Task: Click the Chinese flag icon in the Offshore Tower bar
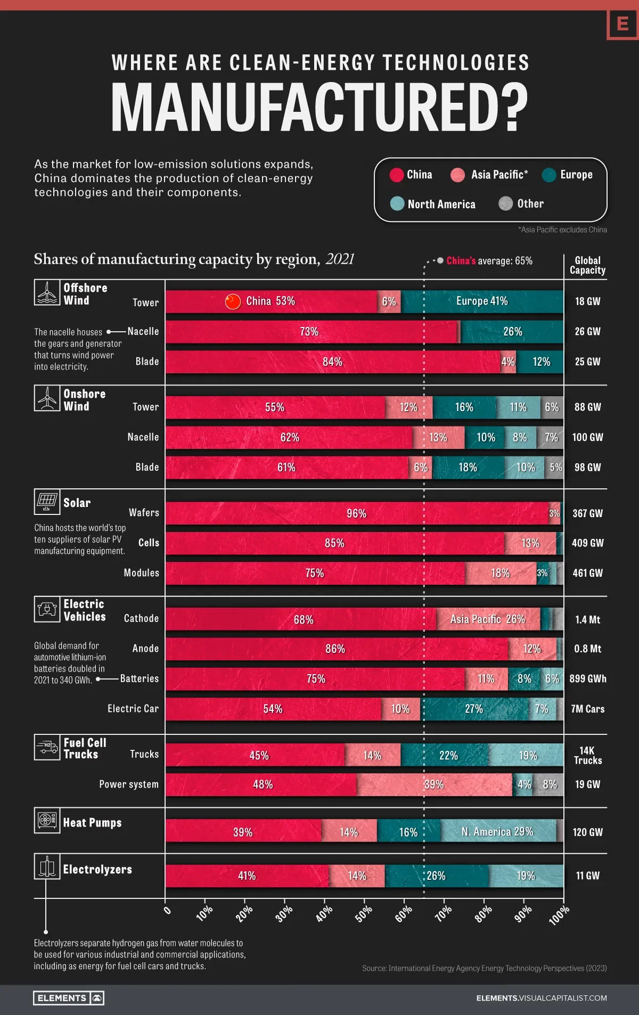click(x=233, y=301)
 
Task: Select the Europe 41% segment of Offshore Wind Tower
click(x=482, y=301)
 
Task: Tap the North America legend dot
click(x=397, y=203)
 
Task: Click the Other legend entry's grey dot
click(x=505, y=203)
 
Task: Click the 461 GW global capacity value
click(x=587, y=573)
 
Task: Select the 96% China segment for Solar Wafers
click(x=356, y=513)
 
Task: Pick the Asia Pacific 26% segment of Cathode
click(x=488, y=619)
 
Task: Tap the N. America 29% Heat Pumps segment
click(x=498, y=832)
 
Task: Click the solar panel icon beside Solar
click(x=47, y=502)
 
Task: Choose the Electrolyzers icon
click(x=47, y=866)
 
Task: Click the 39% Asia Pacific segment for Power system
click(x=434, y=784)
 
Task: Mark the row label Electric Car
click(x=133, y=709)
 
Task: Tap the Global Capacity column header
click(x=587, y=265)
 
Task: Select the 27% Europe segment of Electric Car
click(x=474, y=709)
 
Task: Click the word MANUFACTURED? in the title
click(x=319, y=108)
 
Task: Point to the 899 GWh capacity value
click(x=587, y=678)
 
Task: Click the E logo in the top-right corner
click(x=622, y=23)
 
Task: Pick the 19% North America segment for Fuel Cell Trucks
click(x=527, y=755)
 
